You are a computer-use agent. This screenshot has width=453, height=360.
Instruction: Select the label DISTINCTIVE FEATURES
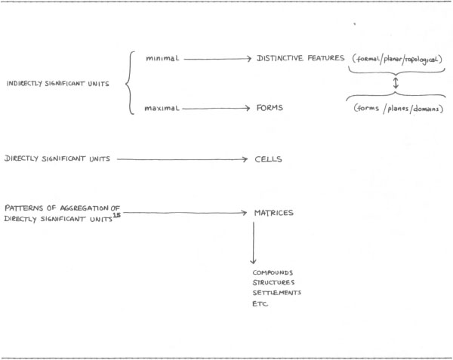pyautogui.click(x=300, y=58)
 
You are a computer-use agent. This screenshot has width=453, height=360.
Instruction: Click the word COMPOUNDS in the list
pyautogui.click(x=272, y=271)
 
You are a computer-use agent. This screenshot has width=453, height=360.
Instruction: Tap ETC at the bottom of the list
pyautogui.click(x=260, y=303)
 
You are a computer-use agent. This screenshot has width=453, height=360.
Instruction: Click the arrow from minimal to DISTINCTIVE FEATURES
pyautogui.click(x=217, y=58)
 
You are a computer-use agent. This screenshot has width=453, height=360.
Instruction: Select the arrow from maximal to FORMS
pyautogui.click(x=217, y=109)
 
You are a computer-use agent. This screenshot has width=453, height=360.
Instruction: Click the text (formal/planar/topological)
pyautogui.click(x=396, y=58)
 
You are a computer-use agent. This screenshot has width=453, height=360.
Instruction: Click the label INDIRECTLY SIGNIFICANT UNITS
pyautogui.click(x=56, y=83)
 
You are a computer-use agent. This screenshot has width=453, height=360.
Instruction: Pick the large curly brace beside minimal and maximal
pyautogui.click(x=130, y=83)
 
